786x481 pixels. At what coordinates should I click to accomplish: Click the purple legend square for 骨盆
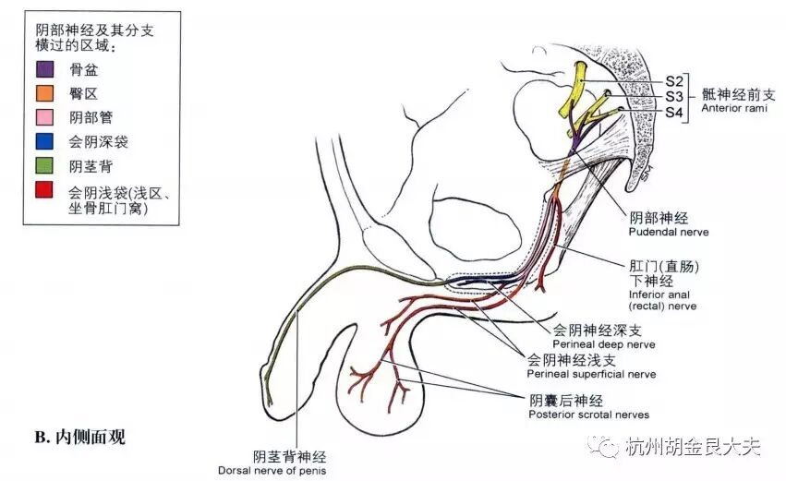point(44,69)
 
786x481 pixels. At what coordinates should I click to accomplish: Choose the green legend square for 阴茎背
point(44,167)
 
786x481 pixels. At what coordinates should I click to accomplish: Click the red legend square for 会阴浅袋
point(44,192)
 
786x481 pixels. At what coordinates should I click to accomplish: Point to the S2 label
point(674,79)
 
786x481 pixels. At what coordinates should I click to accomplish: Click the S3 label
point(674,95)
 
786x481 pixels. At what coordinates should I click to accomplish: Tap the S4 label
point(674,112)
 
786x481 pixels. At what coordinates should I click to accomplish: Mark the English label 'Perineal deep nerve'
point(604,343)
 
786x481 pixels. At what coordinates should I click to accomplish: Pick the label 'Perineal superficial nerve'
point(591,374)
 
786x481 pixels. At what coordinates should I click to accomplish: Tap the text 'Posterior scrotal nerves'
point(589,415)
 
